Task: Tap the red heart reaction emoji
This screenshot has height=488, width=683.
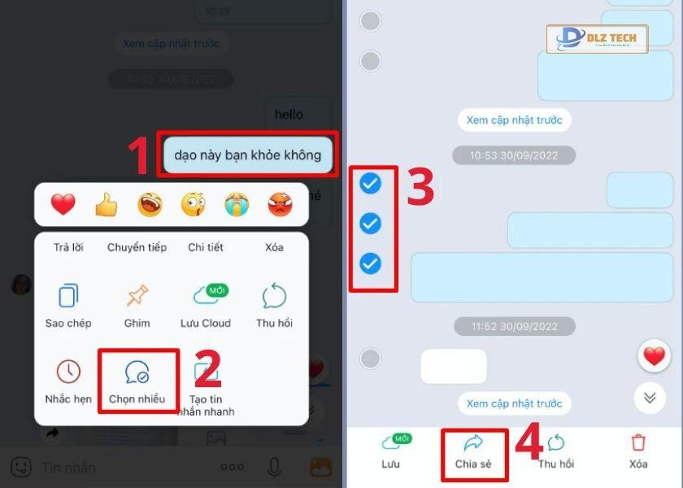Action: pyautogui.click(x=63, y=205)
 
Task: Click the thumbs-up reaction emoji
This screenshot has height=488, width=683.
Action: pyautogui.click(x=106, y=205)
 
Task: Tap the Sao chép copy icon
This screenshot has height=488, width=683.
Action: pyautogui.click(x=68, y=294)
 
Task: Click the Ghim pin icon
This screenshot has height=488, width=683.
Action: pyautogui.click(x=137, y=294)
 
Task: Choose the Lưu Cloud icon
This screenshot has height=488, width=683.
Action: pyautogui.click(x=205, y=294)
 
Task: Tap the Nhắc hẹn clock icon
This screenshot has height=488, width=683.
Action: pyautogui.click(x=68, y=372)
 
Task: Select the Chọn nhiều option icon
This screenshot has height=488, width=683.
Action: pyautogui.click(x=137, y=372)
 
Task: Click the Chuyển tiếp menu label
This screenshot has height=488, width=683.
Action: pyautogui.click(x=137, y=247)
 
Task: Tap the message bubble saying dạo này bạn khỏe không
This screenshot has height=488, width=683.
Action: pyautogui.click(x=247, y=155)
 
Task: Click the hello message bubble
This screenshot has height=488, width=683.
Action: pyautogui.click(x=289, y=115)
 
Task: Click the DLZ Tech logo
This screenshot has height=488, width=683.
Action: pyautogui.click(x=597, y=38)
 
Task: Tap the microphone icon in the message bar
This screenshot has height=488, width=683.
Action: pyautogui.click(x=274, y=467)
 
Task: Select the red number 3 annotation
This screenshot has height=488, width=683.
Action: pyautogui.click(x=420, y=187)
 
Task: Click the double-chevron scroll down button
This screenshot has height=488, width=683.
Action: pyautogui.click(x=650, y=397)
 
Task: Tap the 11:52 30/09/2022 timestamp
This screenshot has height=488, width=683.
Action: pyautogui.click(x=514, y=327)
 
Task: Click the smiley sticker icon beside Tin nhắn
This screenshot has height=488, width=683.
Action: pyautogui.click(x=21, y=467)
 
